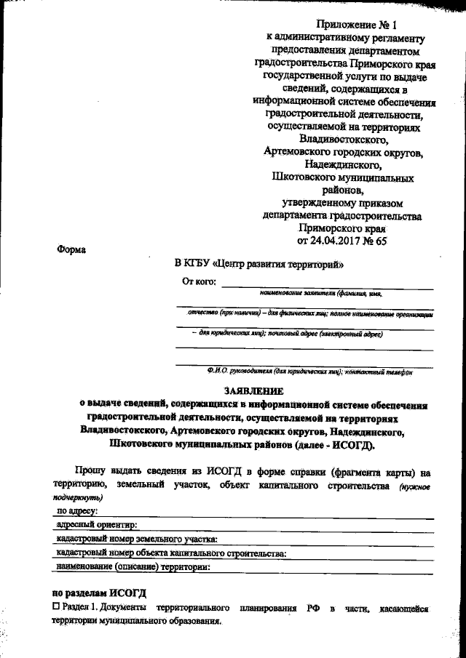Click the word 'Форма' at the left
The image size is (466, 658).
(71, 250)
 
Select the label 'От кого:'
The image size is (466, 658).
(198, 282)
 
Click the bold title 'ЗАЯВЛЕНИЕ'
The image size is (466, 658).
(252, 390)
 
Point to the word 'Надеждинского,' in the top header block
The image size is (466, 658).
(344, 165)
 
